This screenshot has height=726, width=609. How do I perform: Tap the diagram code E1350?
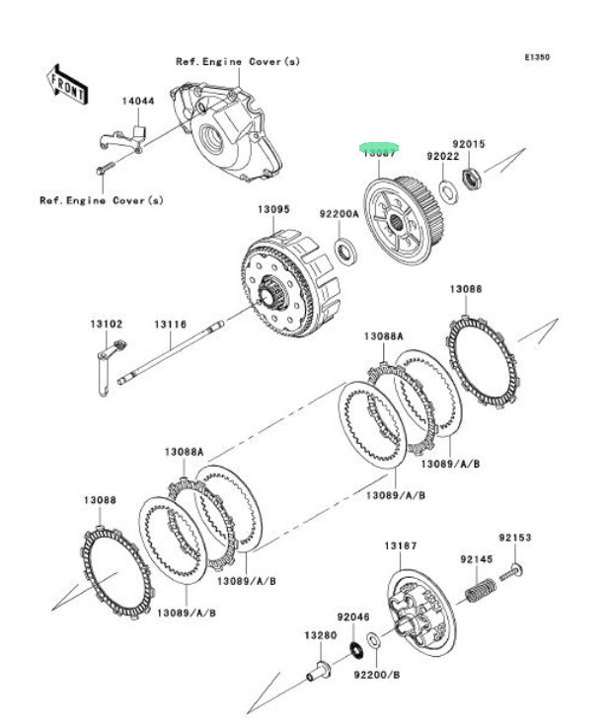point(536,57)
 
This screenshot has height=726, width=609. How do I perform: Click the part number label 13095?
point(273,209)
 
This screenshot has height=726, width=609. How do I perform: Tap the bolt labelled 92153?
point(513,569)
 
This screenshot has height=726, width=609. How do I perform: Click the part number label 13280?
point(318,635)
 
